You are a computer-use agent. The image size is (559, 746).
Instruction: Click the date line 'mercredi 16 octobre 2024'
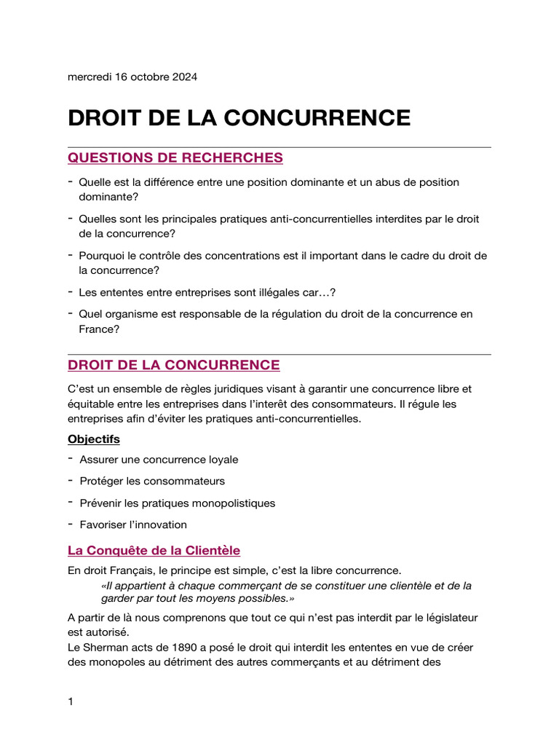(132, 77)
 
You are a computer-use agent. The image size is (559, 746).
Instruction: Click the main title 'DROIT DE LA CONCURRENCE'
(239, 118)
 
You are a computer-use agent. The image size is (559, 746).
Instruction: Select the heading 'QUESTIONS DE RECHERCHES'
(175, 158)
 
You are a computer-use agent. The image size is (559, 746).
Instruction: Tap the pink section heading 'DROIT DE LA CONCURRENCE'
(173, 365)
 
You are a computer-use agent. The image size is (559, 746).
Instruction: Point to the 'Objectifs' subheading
(94, 439)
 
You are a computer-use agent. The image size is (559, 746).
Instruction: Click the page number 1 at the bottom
(71, 702)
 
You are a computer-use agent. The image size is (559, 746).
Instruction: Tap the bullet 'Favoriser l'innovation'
(133, 525)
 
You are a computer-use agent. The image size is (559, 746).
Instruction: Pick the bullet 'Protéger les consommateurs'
(152, 482)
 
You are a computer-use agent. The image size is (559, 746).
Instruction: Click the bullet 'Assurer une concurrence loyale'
(159, 460)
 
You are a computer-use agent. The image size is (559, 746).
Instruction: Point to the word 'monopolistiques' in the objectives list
(236, 503)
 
